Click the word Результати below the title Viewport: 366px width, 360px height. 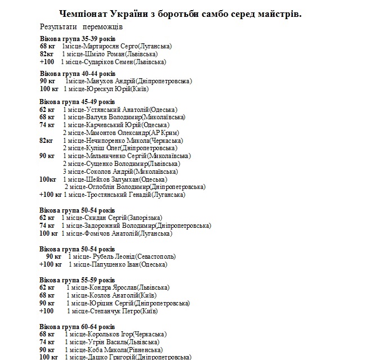(59, 26)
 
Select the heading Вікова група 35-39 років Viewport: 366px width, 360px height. (78, 38)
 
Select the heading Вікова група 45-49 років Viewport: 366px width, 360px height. (78, 101)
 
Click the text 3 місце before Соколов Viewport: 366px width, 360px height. (73, 172)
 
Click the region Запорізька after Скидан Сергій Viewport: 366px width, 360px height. (145, 218)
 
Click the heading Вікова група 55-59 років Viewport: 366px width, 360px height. (78, 280)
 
